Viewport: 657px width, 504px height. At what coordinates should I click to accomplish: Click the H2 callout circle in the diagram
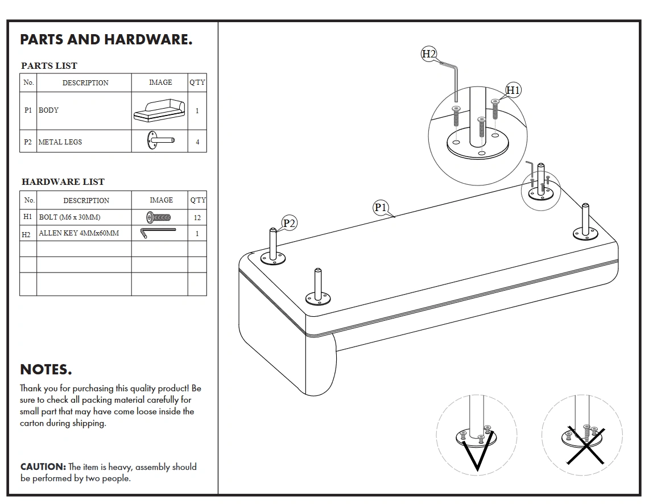click(428, 54)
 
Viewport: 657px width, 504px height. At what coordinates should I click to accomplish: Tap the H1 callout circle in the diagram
click(513, 90)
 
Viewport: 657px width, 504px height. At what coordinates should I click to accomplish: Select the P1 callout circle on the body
click(380, 208)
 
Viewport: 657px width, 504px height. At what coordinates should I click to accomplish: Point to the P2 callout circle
click(290, 223)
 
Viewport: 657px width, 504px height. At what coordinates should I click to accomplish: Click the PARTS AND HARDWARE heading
click(106, 40)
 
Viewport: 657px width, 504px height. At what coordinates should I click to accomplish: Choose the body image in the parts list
click(160, 110)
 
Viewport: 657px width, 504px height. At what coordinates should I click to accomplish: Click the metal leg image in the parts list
click(160, 141)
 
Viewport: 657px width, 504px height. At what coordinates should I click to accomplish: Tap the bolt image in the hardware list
click(159, 217)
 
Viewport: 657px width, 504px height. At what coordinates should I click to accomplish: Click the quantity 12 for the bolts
click(197, 217)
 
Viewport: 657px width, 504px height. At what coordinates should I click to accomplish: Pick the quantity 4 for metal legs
click(197, 142)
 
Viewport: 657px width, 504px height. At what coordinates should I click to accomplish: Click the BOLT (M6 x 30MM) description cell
click(69, 217)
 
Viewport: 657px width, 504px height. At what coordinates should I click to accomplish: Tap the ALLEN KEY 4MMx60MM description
click(78, 233)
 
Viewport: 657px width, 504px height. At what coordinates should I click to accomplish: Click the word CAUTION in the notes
click(43, 466)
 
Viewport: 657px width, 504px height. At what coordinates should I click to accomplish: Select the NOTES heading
click(46, 370)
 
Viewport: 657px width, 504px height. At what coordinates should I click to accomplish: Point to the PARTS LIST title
click(49, 65)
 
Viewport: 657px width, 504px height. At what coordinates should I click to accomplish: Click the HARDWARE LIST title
click(63, 182)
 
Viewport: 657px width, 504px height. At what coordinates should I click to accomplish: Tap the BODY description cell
click(49, 110)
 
